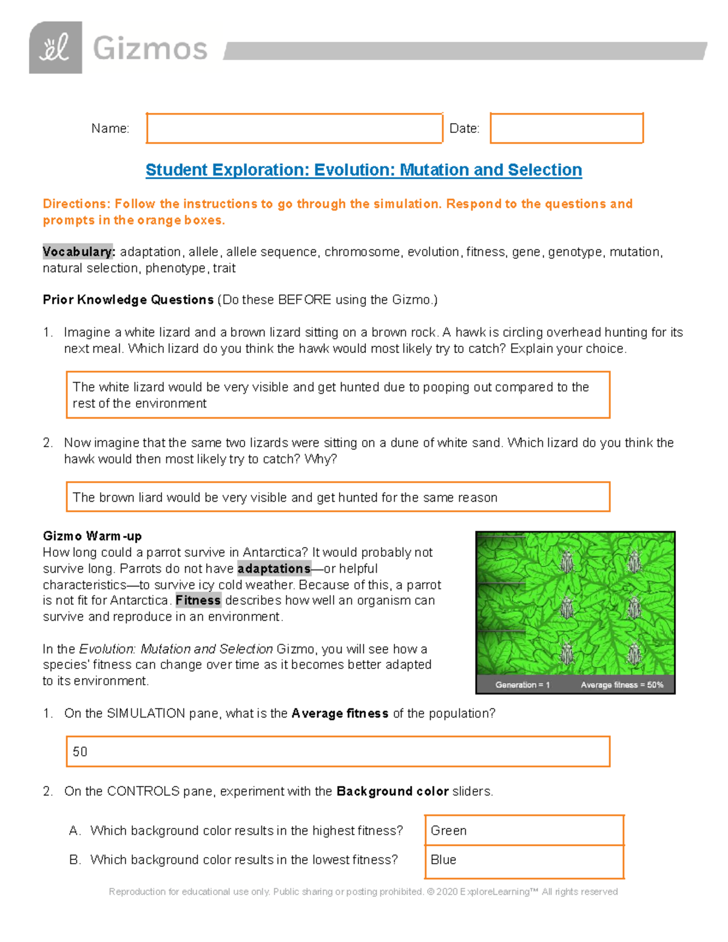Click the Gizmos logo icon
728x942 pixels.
(x=55, y=48)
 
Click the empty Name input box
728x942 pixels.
(x=294, y=128)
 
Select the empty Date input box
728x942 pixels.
(x=566, y=128)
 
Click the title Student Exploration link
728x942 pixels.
(x=363, y=170)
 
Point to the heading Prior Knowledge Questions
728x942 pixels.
(x=128, y=300)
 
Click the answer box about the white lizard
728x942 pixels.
(x=337, y=395)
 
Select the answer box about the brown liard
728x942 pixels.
(x=337, y=497)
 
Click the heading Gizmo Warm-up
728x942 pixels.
(x=92, y=536)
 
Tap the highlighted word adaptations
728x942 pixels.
(x=274, y=568)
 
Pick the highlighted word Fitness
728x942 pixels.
(x=198, y=601)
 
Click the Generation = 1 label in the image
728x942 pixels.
(x=522, y=685)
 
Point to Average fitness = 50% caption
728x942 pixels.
(x=622, y=685)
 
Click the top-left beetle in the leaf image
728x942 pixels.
(x=567, y=561)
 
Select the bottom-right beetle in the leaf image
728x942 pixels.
(x=633, y=653)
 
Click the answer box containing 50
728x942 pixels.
(x=337, y=752)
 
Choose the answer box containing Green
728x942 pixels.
(x=524, y=830)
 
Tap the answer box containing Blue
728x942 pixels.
(x=524, y=861)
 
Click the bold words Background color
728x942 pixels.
(x=393, y=791)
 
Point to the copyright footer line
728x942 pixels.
(x=363, y=892)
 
